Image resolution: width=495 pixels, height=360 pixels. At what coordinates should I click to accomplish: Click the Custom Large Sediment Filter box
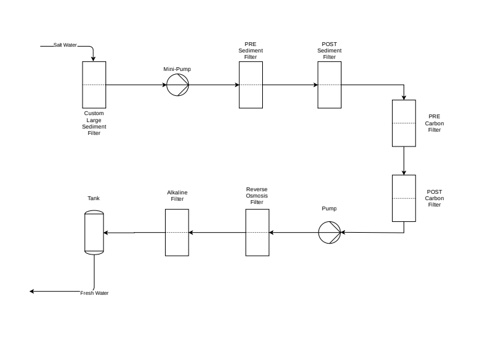[94, 84]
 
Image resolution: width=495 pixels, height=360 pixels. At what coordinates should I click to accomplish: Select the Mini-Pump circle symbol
[178, 85]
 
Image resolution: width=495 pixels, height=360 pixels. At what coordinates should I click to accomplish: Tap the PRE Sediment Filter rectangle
[251, 84]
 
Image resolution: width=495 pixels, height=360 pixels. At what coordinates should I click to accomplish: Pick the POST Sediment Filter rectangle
[329, 84]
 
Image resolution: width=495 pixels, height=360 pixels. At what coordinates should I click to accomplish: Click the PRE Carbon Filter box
[404, 123]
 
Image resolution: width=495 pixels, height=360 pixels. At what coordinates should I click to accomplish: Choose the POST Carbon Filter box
[404, 198]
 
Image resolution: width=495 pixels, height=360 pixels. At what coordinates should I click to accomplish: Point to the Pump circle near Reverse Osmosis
[330, 232]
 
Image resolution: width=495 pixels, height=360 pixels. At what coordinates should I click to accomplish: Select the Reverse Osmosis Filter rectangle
[258, 232]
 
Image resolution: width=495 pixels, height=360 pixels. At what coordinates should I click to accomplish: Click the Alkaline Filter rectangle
[177, 232]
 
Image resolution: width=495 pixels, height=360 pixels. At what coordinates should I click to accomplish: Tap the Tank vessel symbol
[94, 232]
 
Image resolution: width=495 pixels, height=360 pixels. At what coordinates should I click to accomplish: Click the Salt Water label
[65, 45]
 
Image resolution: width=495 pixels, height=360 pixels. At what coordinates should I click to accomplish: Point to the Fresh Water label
[94, 293]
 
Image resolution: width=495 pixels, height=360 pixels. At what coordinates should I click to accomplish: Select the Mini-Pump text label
[177, 69]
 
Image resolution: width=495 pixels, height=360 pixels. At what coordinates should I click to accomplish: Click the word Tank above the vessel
[93, 198]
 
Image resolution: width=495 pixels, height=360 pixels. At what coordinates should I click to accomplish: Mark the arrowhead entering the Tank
[106, 232]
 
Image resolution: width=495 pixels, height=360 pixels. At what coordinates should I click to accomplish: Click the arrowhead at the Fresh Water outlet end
[33, 292]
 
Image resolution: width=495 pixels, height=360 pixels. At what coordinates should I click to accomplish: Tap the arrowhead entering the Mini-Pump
[164, 85]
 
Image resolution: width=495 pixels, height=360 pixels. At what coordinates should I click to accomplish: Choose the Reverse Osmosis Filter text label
[257, 196]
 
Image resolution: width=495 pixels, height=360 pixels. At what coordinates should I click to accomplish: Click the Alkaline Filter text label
[177, 196]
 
